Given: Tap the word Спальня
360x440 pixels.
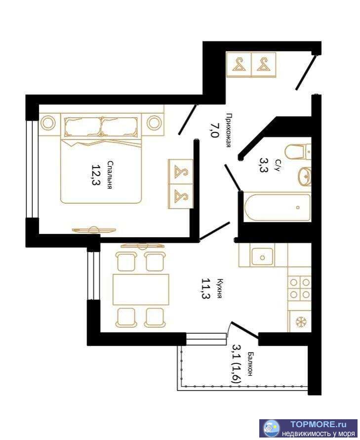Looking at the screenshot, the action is pos(111,175).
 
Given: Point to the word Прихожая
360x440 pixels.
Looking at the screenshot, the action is pos(229,130).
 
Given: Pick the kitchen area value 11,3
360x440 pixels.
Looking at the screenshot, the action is pos(206,289).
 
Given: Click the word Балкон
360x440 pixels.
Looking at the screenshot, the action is pos(250,364).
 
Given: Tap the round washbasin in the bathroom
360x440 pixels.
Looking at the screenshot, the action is pos(305,176).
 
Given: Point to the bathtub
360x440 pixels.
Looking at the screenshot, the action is pos(278,207).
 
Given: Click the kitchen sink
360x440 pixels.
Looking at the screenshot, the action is pos(262,257).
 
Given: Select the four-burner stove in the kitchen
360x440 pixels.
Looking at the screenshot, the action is pos(300,288).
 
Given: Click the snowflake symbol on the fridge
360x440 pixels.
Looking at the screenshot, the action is pos(301,322).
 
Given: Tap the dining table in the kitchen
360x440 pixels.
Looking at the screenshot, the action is pos(141,290).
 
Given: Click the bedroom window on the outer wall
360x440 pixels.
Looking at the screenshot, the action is pos(32,169).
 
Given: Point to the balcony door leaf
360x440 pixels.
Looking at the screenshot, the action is pos(245,330).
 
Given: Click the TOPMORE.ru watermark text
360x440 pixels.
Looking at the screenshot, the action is pos(318,424).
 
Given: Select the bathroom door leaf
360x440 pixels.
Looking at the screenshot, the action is pos(233,177).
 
